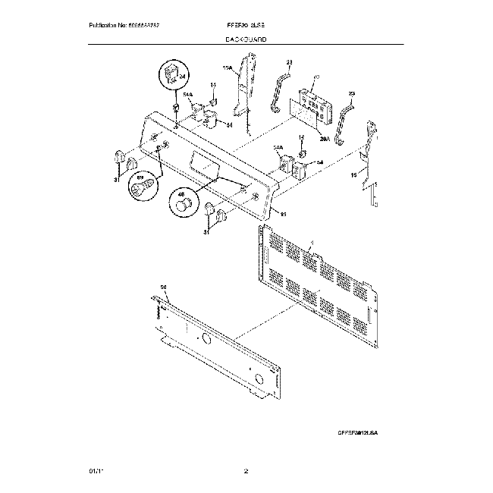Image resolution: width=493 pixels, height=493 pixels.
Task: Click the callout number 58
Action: (162, 287)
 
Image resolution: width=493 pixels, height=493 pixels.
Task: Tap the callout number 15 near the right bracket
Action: (354, 175)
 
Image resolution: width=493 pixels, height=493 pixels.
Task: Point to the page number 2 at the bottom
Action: (246, 472)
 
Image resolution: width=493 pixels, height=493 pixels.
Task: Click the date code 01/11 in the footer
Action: (95, 472)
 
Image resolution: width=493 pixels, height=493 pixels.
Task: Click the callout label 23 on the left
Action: (289, 63)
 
